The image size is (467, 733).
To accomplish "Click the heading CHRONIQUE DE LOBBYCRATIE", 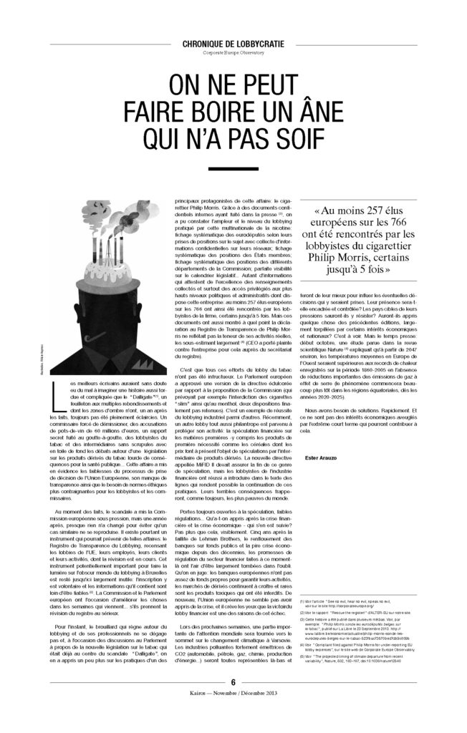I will click(233, 44).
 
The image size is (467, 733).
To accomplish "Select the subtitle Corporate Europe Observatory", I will click(233, 54).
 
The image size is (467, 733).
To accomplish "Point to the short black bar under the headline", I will click(233, 169).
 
